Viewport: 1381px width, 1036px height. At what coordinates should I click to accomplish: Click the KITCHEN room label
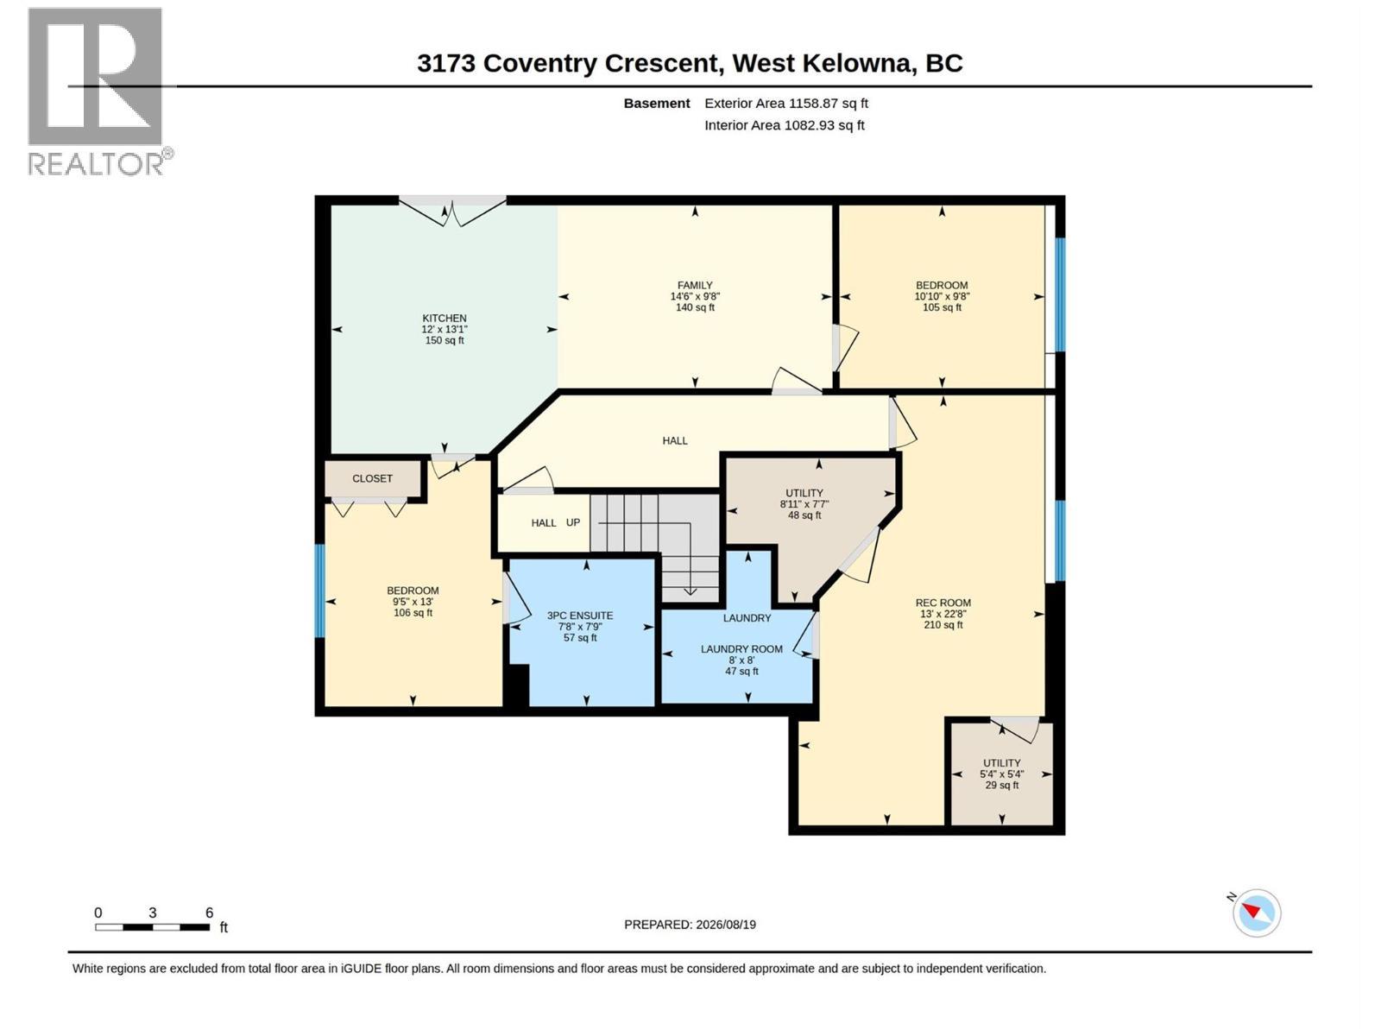point(445,319)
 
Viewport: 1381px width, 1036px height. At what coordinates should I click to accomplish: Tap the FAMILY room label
point(695,286)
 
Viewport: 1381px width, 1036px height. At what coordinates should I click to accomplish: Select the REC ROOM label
point(943,603)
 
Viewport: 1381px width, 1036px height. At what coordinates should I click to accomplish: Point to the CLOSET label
point(372,478)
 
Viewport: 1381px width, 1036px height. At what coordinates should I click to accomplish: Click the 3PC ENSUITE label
point(579,616)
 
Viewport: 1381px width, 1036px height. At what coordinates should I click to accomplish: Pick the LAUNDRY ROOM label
point(741,649)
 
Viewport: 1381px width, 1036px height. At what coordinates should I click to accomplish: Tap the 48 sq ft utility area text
point(804,515)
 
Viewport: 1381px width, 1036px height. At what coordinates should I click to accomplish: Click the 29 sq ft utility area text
point(1001,785)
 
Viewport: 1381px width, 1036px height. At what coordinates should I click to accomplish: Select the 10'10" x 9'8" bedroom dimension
point(942,296)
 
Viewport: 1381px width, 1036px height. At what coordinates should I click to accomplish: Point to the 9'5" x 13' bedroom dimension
point(413,602)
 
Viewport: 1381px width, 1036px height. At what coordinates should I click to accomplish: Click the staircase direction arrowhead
point(690,591)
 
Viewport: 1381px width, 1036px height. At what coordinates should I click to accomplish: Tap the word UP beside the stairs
point(572,522)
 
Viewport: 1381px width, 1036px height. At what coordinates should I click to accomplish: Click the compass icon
point(1256,913)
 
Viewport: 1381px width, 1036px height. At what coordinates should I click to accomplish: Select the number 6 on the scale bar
point(210,913)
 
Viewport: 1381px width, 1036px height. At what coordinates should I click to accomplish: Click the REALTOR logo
point(99,92)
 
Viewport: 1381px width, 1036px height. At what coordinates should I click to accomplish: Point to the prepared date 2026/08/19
point(725,925)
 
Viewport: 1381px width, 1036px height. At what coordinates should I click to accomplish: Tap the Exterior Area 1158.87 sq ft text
point(785,103)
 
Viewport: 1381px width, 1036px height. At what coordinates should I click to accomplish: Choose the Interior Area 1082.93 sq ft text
point(784,125)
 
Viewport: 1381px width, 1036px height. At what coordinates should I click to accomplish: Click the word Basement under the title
point(656,103)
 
